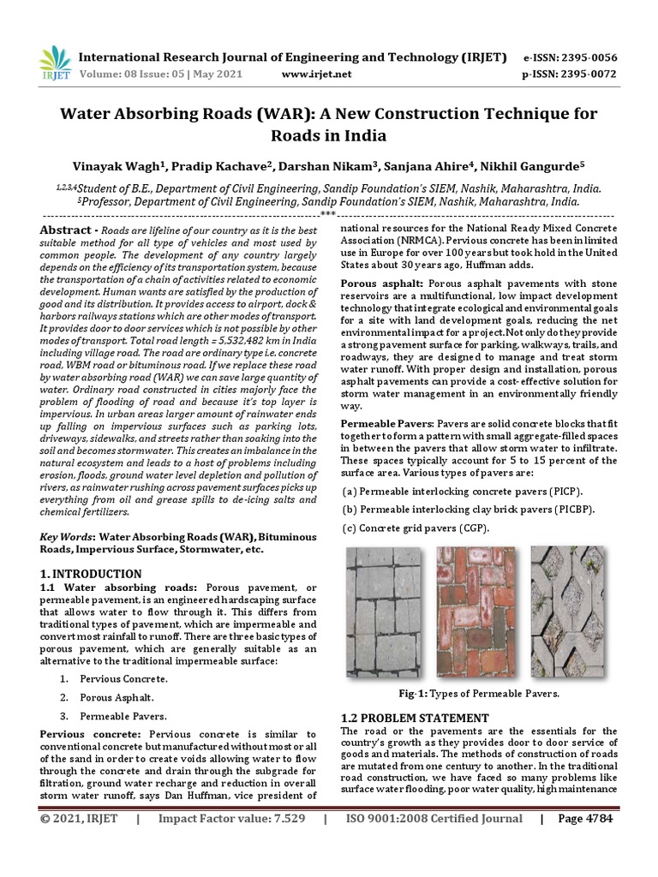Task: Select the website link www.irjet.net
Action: click(x=316, y=75)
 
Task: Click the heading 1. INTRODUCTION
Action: click(x=91, y=573)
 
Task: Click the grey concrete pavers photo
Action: click(x=383, y=612)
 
